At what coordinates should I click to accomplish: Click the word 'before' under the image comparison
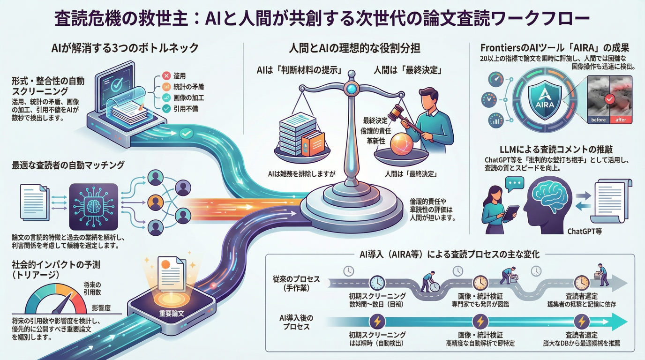point(598,120)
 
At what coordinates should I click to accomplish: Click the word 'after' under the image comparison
point(621,120)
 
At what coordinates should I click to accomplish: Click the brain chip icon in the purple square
point(93,204)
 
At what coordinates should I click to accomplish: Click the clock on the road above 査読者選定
point(581,283)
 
